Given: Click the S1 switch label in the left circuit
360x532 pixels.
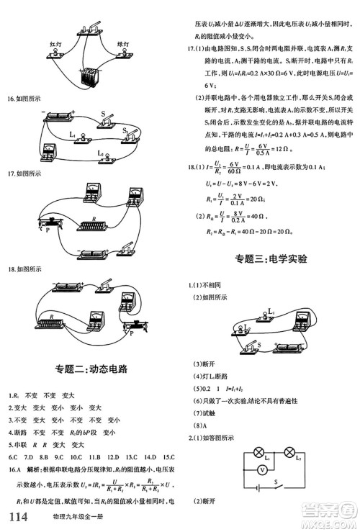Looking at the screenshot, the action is click(x=125, y=130).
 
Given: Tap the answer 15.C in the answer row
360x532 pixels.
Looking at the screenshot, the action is click(x=167, y=456).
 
